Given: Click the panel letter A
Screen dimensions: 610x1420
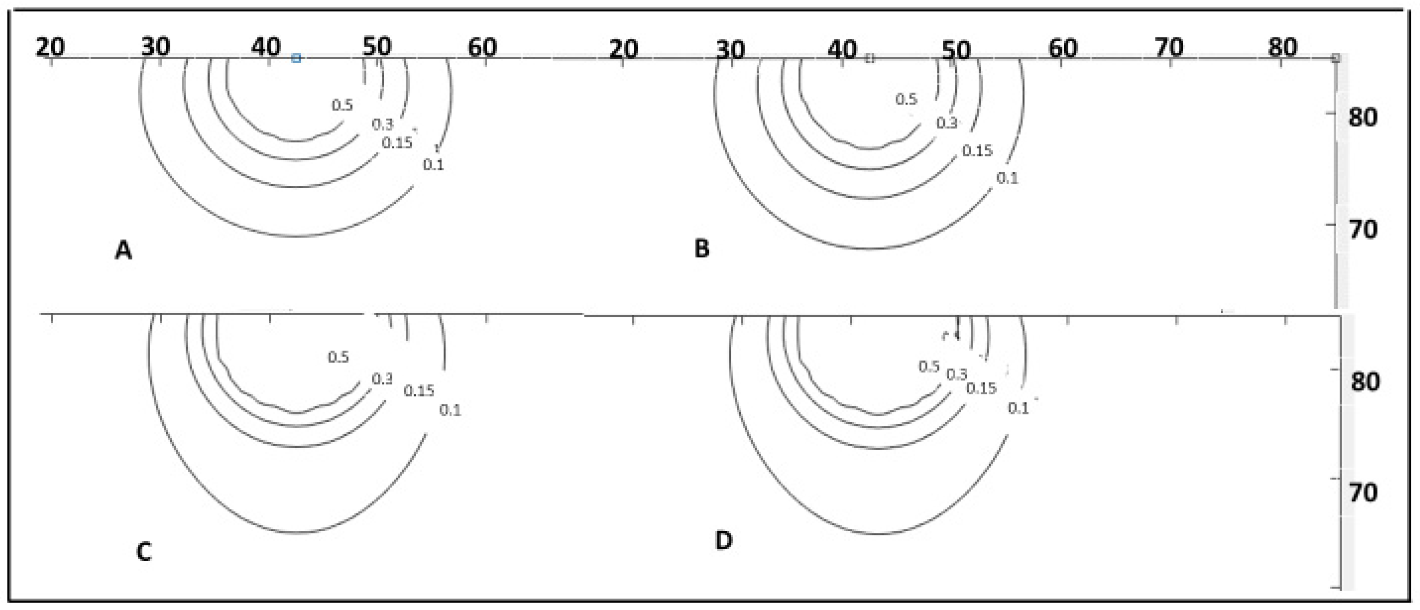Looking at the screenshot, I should (x=124, y=251).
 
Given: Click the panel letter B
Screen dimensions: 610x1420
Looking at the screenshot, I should (x=701, y=249).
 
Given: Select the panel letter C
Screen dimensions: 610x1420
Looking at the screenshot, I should (x=144, y=551).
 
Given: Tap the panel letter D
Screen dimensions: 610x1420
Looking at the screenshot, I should (x=724, y=541).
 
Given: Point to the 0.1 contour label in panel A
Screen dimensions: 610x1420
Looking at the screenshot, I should (x=433, y=164).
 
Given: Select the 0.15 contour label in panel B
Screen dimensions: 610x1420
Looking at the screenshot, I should (x=977, y=151).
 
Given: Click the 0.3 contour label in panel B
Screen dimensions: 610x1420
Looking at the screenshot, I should (x=947, y=123).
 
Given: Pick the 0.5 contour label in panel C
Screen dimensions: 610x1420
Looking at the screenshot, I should (x=338, y=357).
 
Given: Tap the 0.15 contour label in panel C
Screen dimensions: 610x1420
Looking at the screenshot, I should (x=419, y=391).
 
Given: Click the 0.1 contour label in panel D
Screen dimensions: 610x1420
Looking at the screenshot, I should (x=1017, y=408).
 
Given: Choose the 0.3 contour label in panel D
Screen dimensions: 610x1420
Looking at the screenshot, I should (x=957, y=375).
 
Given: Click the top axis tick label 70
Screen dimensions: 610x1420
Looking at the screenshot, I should (x=1169, y=48).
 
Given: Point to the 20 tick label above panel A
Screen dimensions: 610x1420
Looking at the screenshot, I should (x=50, y=48).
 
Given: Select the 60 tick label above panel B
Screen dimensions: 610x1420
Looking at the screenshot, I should (x=1062, y=49).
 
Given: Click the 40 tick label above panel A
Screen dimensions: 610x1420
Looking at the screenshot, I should (x=266, y=48).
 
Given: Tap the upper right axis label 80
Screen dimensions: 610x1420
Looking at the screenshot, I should (x=1362, y=118).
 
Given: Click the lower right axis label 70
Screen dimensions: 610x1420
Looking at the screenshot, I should (x=1363, y=492).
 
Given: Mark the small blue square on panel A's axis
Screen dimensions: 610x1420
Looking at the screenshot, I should (x=296, y=58).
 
